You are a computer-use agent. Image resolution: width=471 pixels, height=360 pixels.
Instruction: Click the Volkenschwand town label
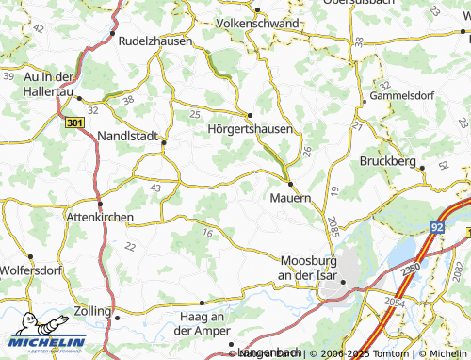click(257, 23)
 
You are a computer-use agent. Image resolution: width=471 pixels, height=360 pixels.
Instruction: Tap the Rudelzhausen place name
click(155, 41)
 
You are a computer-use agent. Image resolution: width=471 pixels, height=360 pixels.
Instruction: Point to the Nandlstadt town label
click(129, 136)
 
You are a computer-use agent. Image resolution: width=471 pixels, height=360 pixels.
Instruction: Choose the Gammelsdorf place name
click(406, 96)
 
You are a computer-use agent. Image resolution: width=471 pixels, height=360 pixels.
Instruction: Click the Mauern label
click(290, 198)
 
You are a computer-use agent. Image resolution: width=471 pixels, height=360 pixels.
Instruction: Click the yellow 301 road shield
click(75, 123)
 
